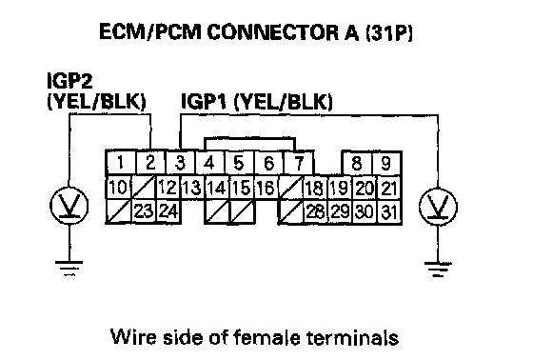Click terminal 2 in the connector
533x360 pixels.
[x=150, y=163]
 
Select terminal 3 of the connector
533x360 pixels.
[x=181, y=163]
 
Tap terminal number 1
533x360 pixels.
[x=121, y=163]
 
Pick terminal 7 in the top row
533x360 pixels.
[x=299, y=163]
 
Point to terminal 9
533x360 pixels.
[x=386, y=163]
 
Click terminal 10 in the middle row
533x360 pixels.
[x=119, y=188]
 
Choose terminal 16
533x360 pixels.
[x=266, y=188]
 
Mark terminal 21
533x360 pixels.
[x=389, y=188]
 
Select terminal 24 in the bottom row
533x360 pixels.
[x=168, y=211]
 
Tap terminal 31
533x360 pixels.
[x=389, y=212]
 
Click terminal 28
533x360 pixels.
[x=315, y=211]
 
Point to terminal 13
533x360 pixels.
[x=192, y=188]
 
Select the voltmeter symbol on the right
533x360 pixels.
[x=438, y=208]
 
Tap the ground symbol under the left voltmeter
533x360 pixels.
[x=69, y=269]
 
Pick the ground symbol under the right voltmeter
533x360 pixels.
[x=438, y=270]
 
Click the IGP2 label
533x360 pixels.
[x=69, y=81]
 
